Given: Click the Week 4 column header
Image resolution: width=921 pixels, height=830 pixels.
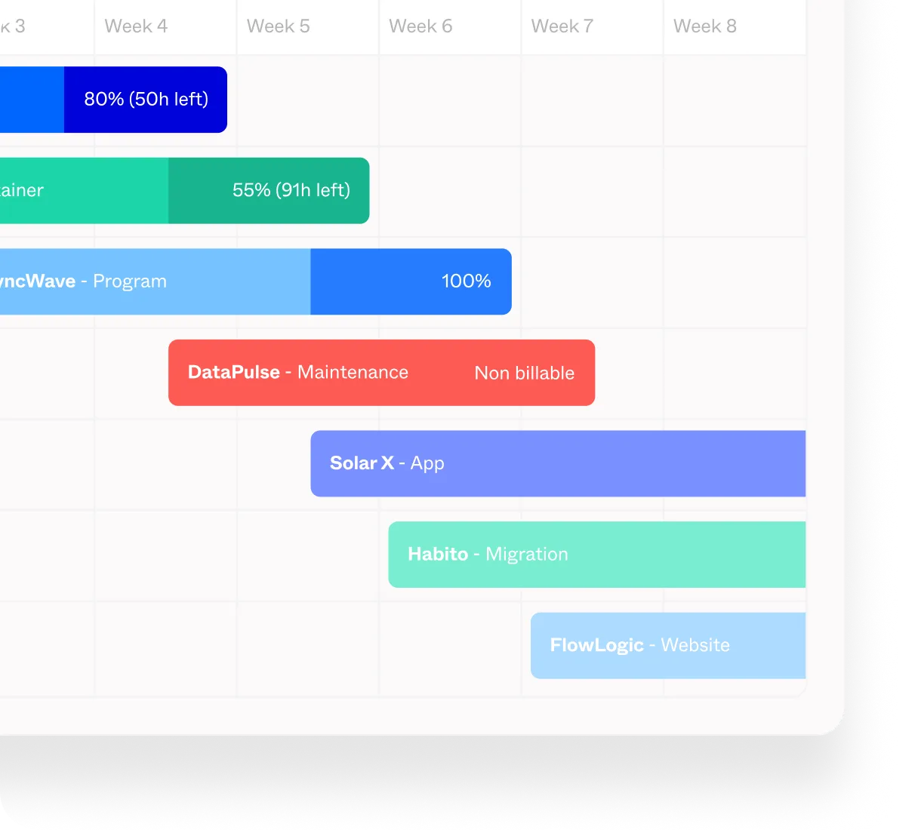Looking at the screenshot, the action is [x=136, y=26].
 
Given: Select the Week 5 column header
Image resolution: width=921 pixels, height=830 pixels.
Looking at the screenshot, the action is [x=278, y=26].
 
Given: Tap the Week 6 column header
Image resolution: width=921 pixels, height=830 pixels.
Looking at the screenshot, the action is [x=420, y=26].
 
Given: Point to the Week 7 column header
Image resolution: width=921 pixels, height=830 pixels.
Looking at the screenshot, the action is [x=562, y=26].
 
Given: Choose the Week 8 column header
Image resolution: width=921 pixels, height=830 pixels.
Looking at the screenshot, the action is [x=704, y=26].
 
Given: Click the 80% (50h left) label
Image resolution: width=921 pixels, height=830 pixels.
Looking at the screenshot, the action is [x=146, y=100].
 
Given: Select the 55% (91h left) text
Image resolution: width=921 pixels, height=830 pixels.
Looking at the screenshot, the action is [x=291, y=190].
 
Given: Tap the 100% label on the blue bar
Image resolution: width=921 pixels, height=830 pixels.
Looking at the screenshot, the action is [x=466, y=281].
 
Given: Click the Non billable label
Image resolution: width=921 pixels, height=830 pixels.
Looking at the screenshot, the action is [x=524, y=373].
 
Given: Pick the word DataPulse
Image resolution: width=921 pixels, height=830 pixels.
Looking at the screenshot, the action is [x=233, y=372].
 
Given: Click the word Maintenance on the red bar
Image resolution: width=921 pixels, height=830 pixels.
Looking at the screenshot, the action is [x=353, y=372].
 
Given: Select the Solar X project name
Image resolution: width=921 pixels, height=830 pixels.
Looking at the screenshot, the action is [x=362, y=463].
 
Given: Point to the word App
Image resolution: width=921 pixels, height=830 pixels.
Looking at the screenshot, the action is [x=427, y=463].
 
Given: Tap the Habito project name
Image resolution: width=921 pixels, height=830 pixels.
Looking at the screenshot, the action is [x=438, y=555].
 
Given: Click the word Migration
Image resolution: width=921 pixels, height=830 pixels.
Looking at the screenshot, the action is [x=526, y=555].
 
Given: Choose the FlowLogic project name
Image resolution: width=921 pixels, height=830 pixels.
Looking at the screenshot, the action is [x=596, y=646].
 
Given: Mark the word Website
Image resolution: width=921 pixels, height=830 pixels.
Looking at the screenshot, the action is [x=695, y=645].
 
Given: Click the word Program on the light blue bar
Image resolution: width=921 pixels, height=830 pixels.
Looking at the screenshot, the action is [x=130, y=281].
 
